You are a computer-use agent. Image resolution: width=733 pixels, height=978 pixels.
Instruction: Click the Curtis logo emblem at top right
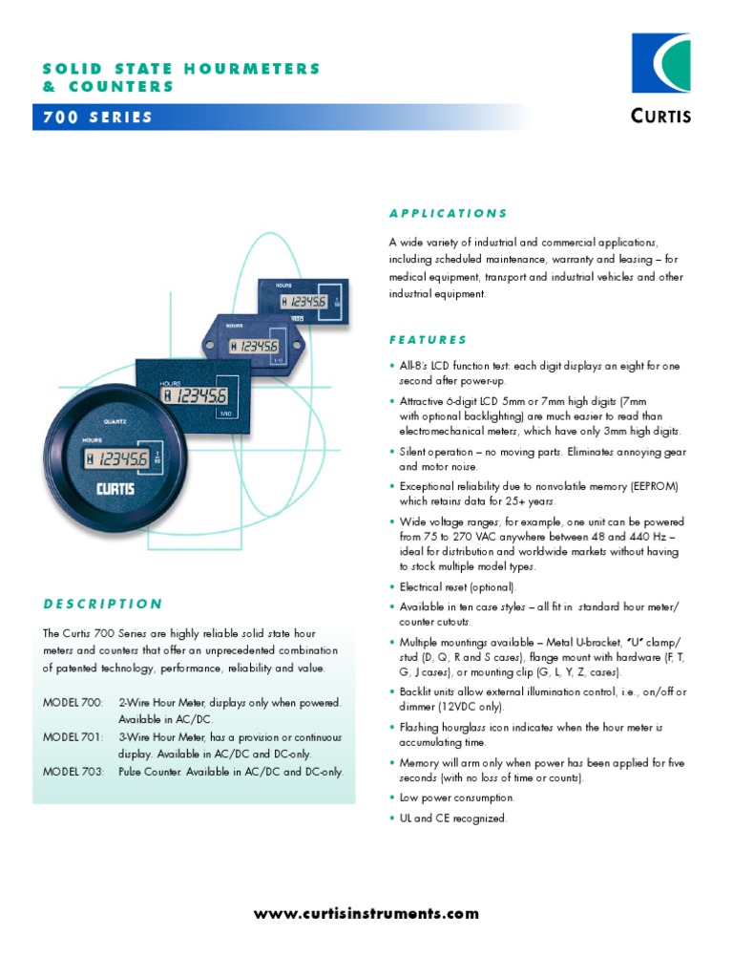(661, 64)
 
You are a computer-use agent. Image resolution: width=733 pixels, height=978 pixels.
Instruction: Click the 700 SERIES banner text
(97, 117)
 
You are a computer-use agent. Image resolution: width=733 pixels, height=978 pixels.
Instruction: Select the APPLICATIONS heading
(448, 213)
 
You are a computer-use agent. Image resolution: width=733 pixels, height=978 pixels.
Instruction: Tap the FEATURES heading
(428, 339)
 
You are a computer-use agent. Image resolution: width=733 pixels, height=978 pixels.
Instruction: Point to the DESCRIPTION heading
(103, 604)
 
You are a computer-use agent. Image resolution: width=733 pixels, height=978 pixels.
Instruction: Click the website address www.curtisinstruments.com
(366, 914)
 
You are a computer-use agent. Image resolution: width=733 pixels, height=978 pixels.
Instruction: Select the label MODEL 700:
(73, 702)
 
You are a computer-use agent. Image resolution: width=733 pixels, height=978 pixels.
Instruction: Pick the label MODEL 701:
(73, 736)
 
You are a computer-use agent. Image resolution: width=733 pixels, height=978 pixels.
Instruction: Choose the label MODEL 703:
(73, 771)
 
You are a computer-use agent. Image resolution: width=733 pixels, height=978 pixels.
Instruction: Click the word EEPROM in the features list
(654, 486)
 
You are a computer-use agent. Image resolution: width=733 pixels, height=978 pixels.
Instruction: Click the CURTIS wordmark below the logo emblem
(660, 117)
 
